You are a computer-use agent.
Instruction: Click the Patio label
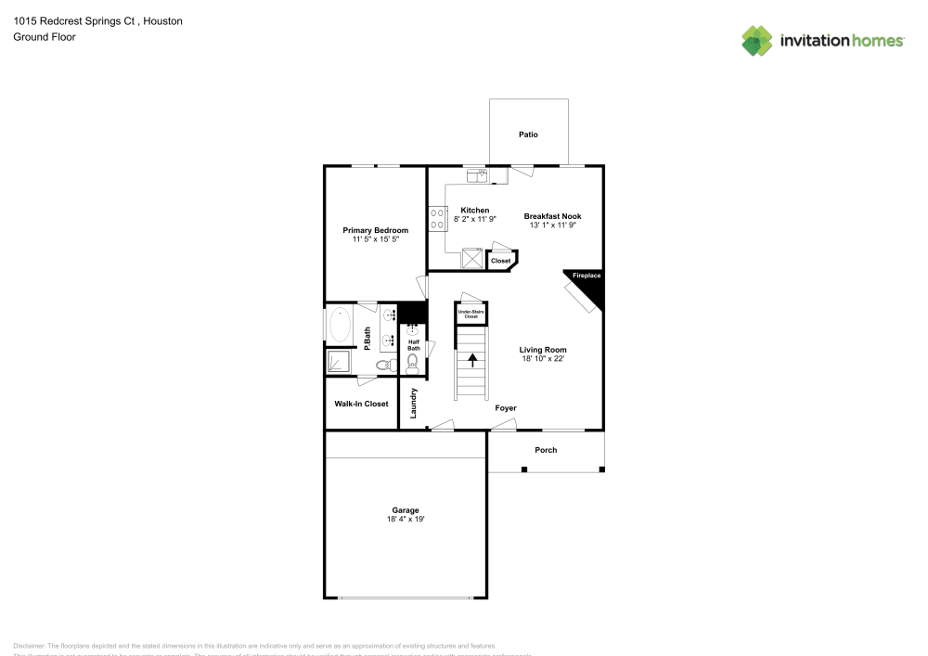528,135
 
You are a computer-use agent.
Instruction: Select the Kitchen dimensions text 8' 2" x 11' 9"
475,219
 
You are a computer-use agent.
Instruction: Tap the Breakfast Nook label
552,215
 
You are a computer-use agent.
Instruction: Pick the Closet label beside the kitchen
500,262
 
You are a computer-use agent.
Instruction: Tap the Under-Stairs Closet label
471,315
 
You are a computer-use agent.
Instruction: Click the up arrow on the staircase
471,359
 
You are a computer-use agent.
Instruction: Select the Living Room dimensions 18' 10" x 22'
542,358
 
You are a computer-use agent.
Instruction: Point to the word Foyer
505,408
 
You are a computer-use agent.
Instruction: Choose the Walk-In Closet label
361,404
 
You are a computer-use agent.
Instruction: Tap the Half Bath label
413,345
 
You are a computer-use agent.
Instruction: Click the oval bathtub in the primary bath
340,326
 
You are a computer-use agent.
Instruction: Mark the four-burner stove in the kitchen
437,219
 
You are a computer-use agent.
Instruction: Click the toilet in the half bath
413,365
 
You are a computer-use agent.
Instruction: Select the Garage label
405,509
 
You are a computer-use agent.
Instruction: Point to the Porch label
546,450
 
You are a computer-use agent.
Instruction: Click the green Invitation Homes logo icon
757,40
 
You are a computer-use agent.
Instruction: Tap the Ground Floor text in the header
44,37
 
